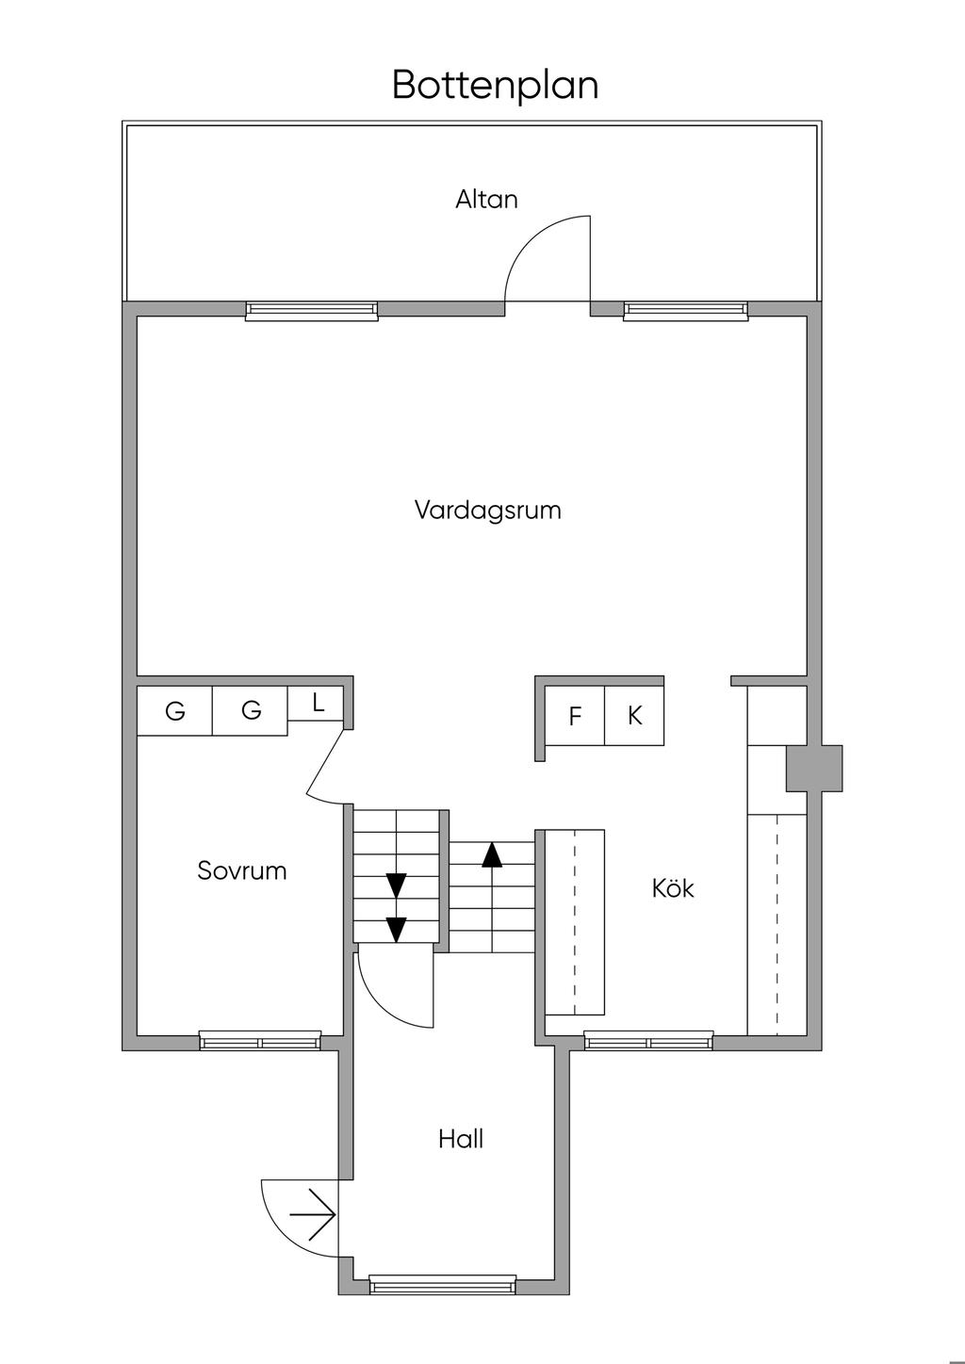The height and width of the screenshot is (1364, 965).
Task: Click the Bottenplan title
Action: pos(495,85)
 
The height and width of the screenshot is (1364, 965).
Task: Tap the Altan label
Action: pos(486,200)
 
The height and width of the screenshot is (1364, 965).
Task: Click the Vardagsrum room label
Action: pos(487,511)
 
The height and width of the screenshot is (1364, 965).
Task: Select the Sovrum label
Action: pos(241,870)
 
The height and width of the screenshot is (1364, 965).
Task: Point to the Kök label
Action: pos(673,888)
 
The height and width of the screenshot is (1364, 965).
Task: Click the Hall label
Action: pos(461,1140)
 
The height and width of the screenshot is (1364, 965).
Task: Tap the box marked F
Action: pos(575,717)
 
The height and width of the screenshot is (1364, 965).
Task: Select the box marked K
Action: pos(634,716)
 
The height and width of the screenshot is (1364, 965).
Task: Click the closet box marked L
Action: pos(318,703)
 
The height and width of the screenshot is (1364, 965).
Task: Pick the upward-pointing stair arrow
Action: pos(492,854)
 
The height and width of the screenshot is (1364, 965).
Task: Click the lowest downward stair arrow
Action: pos(397,929)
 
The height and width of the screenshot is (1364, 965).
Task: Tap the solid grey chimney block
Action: pos(814,768)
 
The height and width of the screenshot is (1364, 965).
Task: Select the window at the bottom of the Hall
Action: pos(442,1284)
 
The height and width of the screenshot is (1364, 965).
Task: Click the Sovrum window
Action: pos(260,1041)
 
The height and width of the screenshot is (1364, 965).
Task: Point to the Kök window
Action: pos(648,1041)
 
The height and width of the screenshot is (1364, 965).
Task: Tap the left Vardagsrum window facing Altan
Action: pos(311,311)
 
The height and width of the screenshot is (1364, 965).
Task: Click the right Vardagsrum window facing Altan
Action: pos(685,311)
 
